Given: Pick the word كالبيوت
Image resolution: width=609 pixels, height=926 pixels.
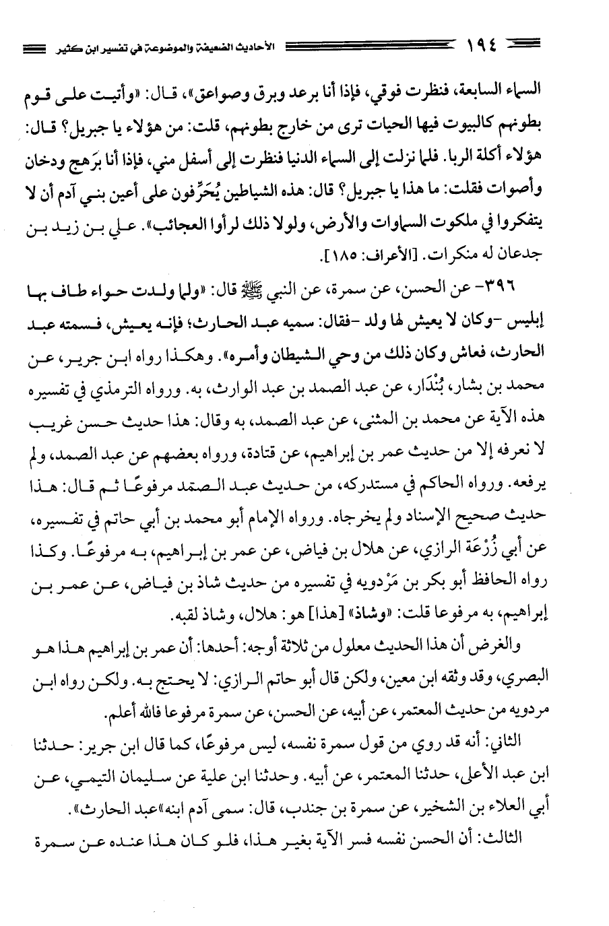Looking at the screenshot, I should [479, 125].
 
